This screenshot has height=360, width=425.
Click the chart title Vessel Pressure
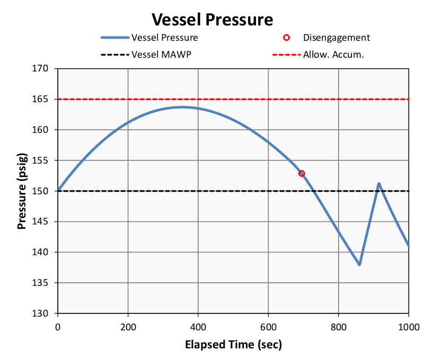(x=212, y=20)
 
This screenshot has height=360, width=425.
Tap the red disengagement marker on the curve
(x=302, y=173)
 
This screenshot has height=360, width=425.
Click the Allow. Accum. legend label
(x=333, y=54)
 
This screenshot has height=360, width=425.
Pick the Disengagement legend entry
(x=336, y=38)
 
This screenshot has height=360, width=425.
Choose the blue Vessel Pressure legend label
(x=165, y=38)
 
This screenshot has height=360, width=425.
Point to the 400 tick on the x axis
(x=198, y=326)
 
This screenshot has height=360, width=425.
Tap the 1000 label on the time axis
(x=409, y=326)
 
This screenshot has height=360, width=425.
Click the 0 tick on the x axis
(x=58, y=326)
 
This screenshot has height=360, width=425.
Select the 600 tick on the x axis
(x=268, y=326)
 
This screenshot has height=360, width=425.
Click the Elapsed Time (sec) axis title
(x=233, y=345)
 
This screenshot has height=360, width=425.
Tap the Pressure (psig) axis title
(x=22, y=191)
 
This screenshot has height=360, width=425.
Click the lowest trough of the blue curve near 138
(x=359, y=264)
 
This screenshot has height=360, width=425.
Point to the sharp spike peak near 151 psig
(x=379, y=184)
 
